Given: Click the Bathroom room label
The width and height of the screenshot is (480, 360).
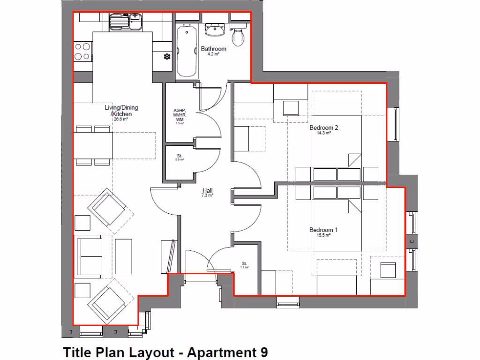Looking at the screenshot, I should click(213, 49).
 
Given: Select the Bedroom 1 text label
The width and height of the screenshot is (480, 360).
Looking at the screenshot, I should click(323, 230).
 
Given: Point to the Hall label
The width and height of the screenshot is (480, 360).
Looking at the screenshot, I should click(208, 190).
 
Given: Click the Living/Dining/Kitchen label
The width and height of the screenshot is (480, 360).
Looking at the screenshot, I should click(121, 111).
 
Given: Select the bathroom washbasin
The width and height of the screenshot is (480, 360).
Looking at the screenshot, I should click(216, 29).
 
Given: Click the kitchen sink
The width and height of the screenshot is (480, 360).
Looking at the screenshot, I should click(125, 22).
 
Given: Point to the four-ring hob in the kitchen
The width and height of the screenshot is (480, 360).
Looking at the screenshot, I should click(82, 52).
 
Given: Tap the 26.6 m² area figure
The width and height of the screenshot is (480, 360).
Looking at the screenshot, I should click(120, 119).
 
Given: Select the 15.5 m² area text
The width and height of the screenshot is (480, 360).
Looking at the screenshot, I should click(323, 235).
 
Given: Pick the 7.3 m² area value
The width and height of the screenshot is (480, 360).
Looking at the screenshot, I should click(208, 195).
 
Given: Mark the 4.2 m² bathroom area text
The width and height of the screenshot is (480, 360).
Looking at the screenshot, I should click(213, 54).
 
